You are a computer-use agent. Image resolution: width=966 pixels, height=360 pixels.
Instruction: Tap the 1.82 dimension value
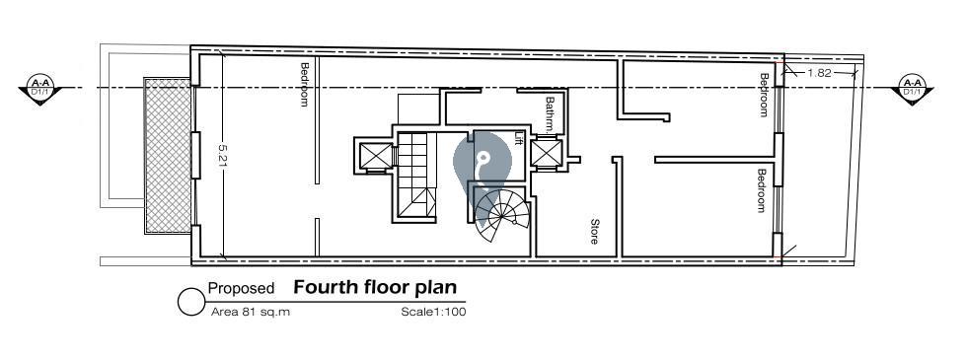819,73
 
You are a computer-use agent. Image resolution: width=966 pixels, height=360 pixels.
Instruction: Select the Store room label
595,232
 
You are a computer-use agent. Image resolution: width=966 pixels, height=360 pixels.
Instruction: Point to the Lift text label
518,138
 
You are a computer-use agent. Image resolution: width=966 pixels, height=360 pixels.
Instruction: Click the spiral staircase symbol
501,214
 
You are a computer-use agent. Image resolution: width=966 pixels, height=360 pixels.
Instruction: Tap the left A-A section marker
40,90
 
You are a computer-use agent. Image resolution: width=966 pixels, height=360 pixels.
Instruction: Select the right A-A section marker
912,90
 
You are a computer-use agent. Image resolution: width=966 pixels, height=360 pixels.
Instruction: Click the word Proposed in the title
241,288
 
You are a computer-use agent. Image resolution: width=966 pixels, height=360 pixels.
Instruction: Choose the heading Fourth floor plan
375,287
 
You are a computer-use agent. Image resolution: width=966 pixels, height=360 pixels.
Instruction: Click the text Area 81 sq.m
250,312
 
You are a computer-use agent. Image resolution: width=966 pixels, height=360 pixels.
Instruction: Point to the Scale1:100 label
434,312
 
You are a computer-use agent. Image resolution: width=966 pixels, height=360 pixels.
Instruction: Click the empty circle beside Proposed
191,302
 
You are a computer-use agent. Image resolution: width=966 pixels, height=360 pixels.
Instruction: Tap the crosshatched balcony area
168,155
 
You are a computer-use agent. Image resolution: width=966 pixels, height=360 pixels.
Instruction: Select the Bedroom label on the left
304,84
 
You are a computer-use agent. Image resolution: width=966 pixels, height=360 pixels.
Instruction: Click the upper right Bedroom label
764,95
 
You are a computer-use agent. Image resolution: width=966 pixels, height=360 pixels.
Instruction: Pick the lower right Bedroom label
762,190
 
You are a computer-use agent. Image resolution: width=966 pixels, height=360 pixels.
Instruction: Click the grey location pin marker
483,163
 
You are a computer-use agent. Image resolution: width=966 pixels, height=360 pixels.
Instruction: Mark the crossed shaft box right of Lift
547,153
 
